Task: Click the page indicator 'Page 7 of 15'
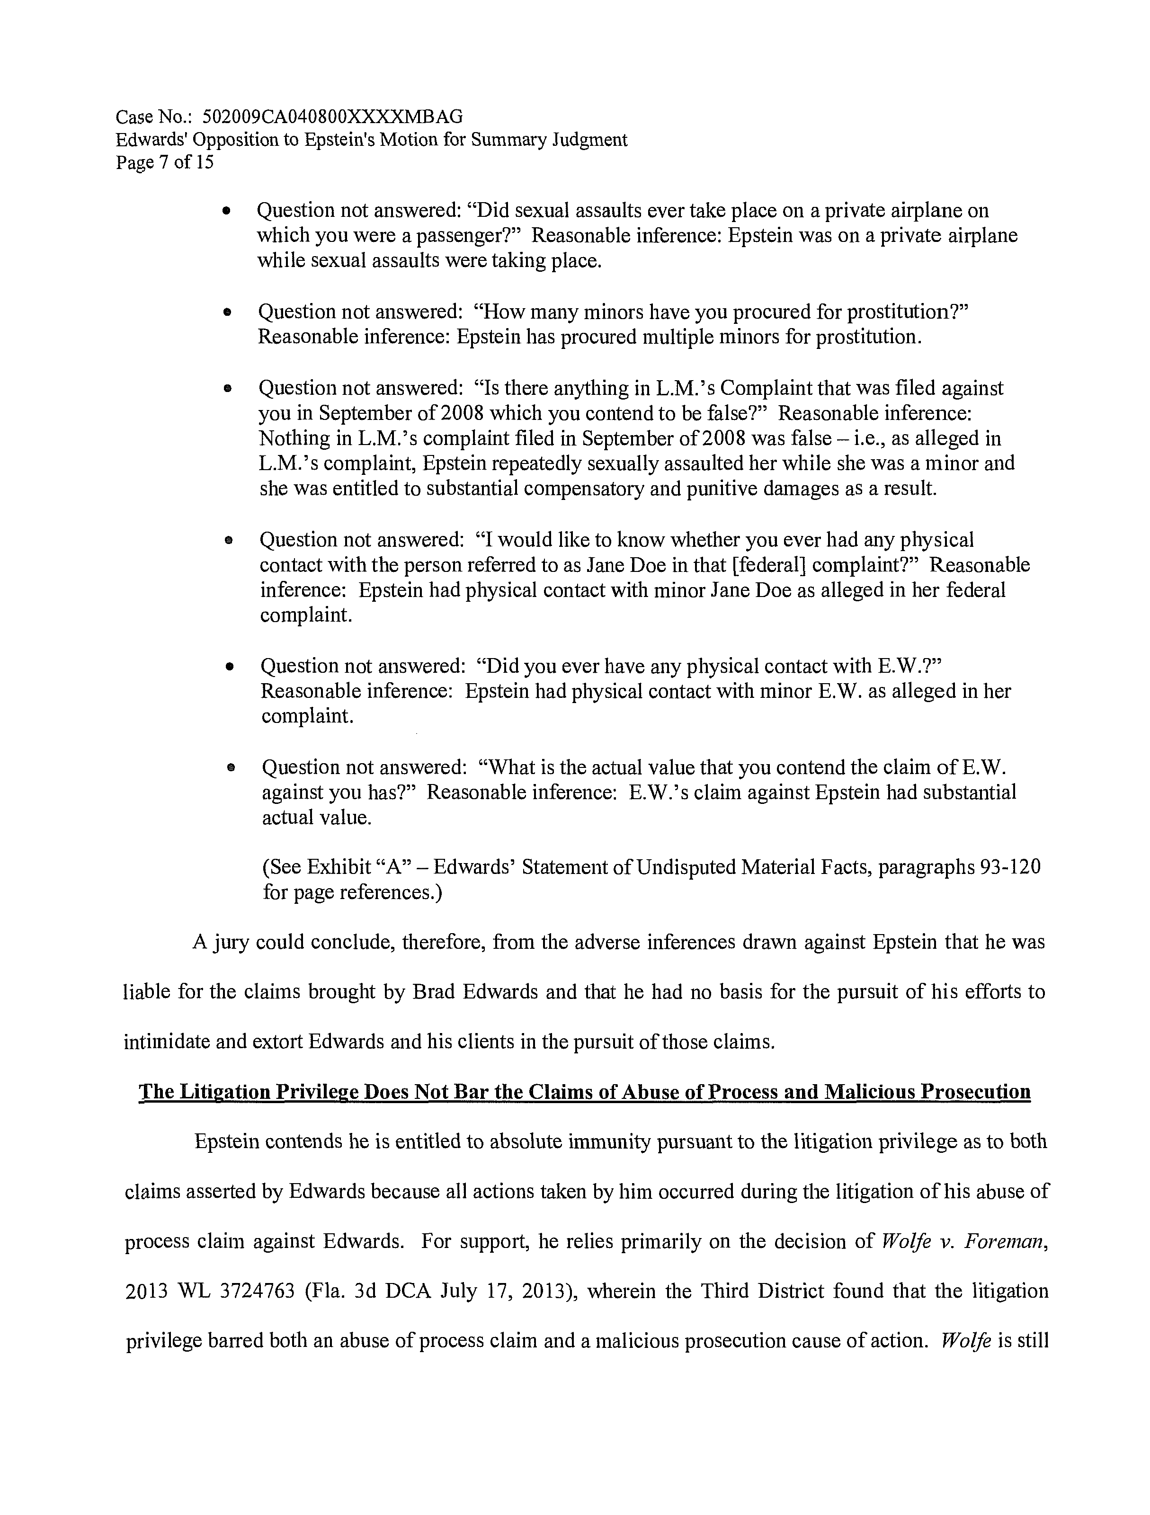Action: tap(164, 163)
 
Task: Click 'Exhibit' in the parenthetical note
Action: tap(339, 867)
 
